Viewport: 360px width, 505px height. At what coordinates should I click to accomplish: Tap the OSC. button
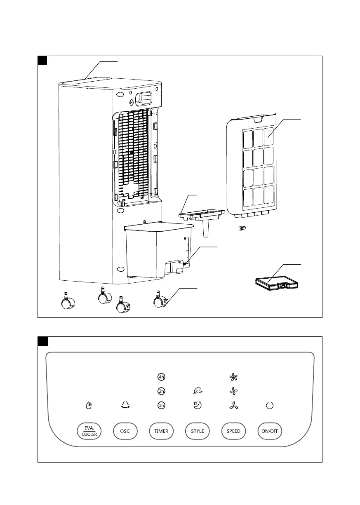(125, 431)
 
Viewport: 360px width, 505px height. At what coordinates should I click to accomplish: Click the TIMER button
(161, 431)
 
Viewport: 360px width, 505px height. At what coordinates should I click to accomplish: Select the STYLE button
(198, 431)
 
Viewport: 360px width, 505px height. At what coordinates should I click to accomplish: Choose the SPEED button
(233, 431)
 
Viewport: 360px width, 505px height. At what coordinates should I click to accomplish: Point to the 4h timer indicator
(161, 377)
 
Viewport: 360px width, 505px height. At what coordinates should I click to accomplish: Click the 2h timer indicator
(161, 391)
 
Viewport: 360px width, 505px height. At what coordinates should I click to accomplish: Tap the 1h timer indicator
(161, 406)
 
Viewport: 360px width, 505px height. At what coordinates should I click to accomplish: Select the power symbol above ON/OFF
(270, 406)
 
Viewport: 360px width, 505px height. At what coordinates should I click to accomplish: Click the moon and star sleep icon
(198, 406)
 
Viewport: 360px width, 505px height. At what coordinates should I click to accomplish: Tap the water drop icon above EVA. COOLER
(89, 406)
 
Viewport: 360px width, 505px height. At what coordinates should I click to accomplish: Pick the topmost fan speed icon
(234, 377)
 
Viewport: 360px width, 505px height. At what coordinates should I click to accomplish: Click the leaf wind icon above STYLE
(197, 391)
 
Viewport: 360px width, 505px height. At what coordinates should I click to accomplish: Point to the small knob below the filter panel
(242, 228)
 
